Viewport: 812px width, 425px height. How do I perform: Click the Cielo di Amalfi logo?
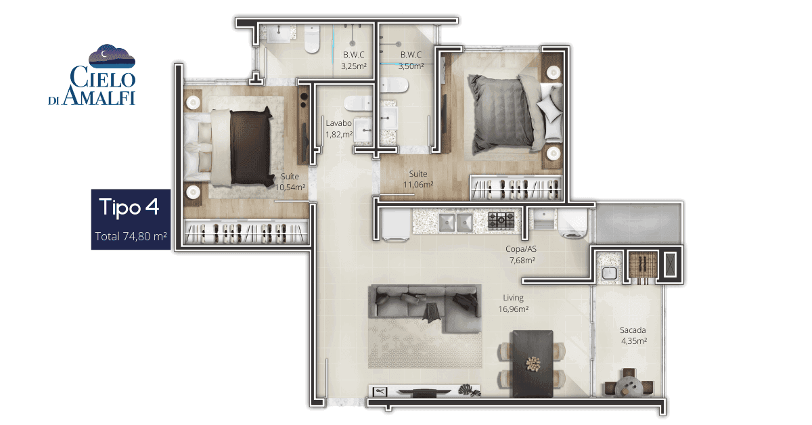(x=92, y=75)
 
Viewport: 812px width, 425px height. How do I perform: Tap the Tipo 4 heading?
(x=129, y=207)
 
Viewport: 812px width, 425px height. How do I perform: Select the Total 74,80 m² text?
(x=131, y=236)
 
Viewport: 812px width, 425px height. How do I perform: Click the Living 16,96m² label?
(x=513, y=303)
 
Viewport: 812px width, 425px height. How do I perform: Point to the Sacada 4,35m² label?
(x=633, y=336)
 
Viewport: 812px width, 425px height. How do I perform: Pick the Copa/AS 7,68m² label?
(x=522, y=254)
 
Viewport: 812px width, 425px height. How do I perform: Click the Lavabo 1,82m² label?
(x=338, y=129)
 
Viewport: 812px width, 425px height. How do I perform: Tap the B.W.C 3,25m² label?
(x=354, y=60)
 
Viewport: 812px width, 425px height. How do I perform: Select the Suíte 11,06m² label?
(x=418, y=179)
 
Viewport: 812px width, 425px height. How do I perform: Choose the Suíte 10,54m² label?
(x=290, y=182)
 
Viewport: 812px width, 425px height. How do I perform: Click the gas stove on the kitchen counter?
(x=501, y=221)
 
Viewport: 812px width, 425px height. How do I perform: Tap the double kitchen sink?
(x=455, y=222)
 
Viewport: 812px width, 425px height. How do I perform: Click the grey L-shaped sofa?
(x=425, y=308)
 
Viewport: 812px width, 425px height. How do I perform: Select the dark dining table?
(x=532, y=363)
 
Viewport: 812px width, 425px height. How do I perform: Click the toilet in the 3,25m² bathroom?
(x=312, y=39)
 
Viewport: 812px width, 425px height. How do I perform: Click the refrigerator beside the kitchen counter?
(x=395, y=225)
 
